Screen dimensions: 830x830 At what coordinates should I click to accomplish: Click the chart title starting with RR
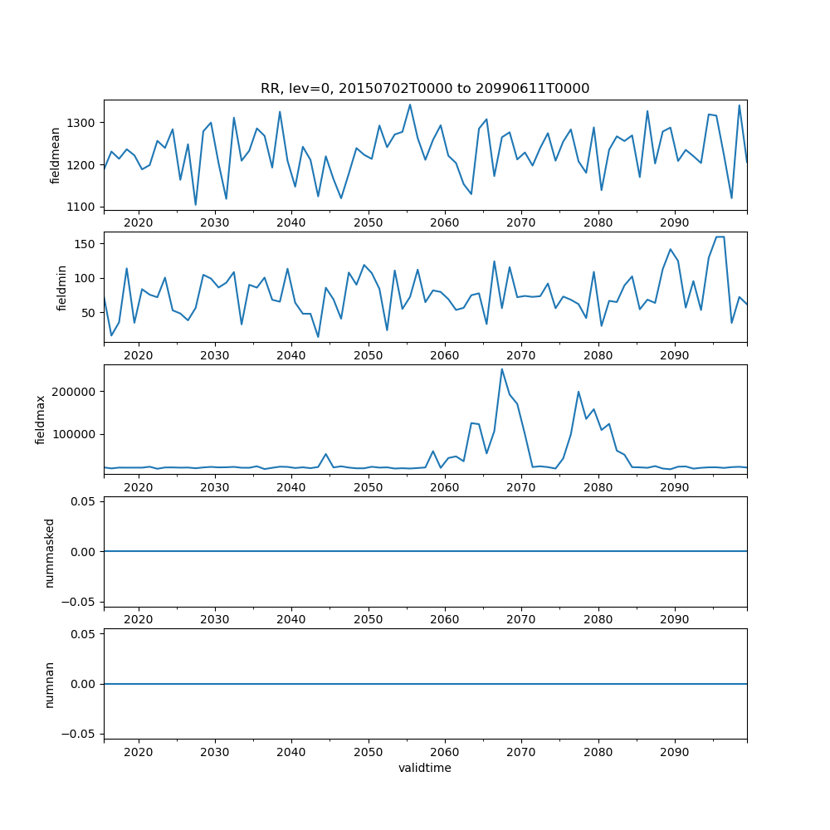(425, 89)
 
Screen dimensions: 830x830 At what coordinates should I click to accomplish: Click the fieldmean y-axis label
(56, 155)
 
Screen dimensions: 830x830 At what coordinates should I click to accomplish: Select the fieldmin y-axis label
(61, 287)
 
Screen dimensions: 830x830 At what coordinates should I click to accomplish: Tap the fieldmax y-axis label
(41, 419)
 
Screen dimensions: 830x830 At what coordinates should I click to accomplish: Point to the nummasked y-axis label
(49, 552)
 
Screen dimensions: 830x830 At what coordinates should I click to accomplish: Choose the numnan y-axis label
(49, 684)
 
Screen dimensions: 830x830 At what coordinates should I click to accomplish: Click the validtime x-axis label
(425, 768)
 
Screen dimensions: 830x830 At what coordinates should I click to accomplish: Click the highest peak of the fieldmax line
(501, 369)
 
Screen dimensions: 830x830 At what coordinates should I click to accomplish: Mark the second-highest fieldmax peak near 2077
(579, 392)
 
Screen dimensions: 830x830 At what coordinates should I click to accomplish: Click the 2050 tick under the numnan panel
(368, 753)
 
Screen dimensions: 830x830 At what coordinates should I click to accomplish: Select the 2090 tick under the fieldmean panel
(674, 224)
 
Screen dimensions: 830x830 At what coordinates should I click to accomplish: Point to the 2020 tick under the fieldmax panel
(138, 488)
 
